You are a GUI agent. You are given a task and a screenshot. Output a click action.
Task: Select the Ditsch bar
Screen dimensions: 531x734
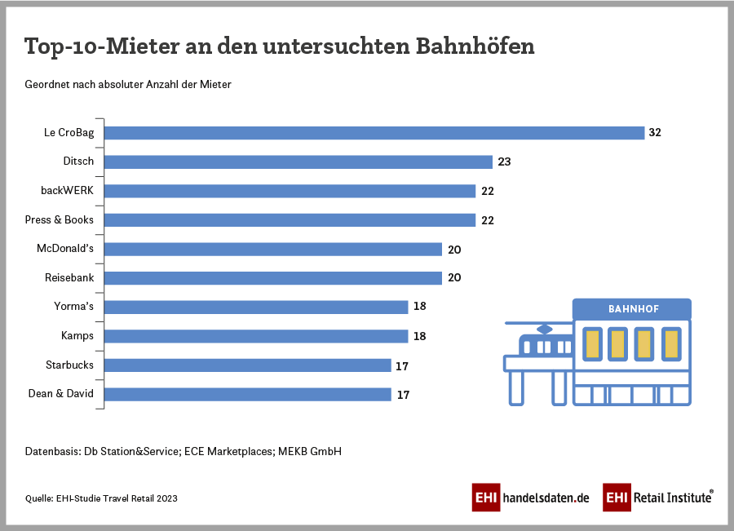[298, 162]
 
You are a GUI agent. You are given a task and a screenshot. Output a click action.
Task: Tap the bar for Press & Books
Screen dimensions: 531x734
[290, 220]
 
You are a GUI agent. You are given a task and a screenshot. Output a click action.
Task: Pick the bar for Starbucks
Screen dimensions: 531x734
[248, 365]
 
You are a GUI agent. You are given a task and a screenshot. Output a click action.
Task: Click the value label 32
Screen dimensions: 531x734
[655, 132]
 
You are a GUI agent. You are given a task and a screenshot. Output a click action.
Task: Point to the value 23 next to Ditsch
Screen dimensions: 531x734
[504, 162]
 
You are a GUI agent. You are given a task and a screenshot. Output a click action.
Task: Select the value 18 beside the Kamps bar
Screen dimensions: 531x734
[419, 336]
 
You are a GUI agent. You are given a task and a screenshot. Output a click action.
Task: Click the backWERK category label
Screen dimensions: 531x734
[67, 191]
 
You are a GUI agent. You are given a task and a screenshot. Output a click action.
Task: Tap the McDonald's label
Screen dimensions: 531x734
[65, 249]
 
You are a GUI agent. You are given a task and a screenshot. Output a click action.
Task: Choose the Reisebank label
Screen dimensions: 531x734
[69, 278]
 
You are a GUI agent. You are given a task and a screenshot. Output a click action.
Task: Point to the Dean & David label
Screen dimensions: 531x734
[61, 394]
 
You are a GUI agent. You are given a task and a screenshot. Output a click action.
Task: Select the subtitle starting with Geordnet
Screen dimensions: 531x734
[128, 84]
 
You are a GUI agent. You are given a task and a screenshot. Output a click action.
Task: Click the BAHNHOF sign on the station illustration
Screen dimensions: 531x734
[633, 309]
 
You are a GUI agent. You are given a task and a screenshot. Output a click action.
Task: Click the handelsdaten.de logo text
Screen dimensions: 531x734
[545, 498]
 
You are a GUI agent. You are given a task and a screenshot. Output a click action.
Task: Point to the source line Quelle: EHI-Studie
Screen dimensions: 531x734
[101, 498]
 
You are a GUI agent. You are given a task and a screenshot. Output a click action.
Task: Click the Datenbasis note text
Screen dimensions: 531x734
[183, 450]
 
